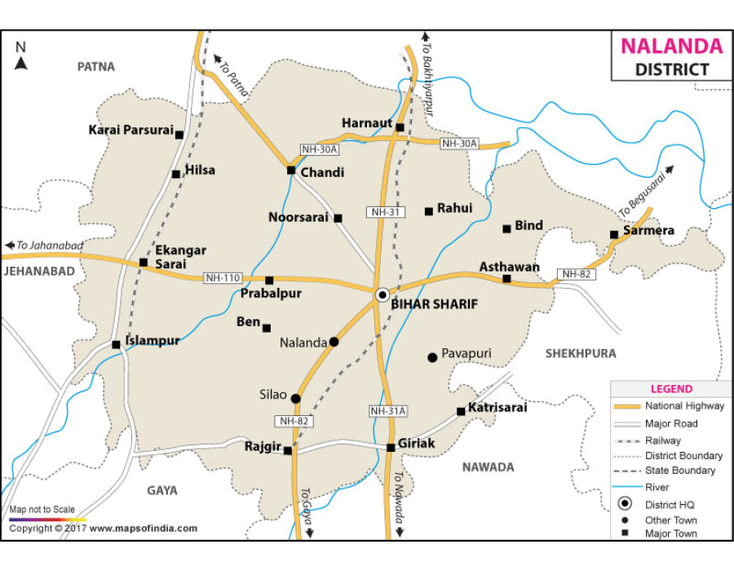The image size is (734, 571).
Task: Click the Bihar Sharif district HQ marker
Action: point(382,294)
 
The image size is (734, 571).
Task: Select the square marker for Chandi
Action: point(290,170)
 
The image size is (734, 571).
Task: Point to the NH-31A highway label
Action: point(387,411)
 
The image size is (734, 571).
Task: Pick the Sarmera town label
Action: point(649,231)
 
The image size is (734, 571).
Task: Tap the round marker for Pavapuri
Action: point(432,356)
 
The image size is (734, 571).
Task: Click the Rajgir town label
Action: point(262,446)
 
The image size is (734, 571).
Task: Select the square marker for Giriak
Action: point(391,447)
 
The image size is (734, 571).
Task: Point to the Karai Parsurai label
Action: point(130,130)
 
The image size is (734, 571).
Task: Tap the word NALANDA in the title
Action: point(671,46)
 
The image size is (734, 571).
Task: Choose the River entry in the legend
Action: point(657,487)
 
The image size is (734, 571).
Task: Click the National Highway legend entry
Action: point(683,406)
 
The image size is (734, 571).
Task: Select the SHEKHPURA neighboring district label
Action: point(581,353)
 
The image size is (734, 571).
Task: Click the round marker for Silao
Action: point(295,399)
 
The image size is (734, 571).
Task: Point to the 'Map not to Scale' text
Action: point(42,510)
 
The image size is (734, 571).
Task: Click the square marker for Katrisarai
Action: point(461,411)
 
